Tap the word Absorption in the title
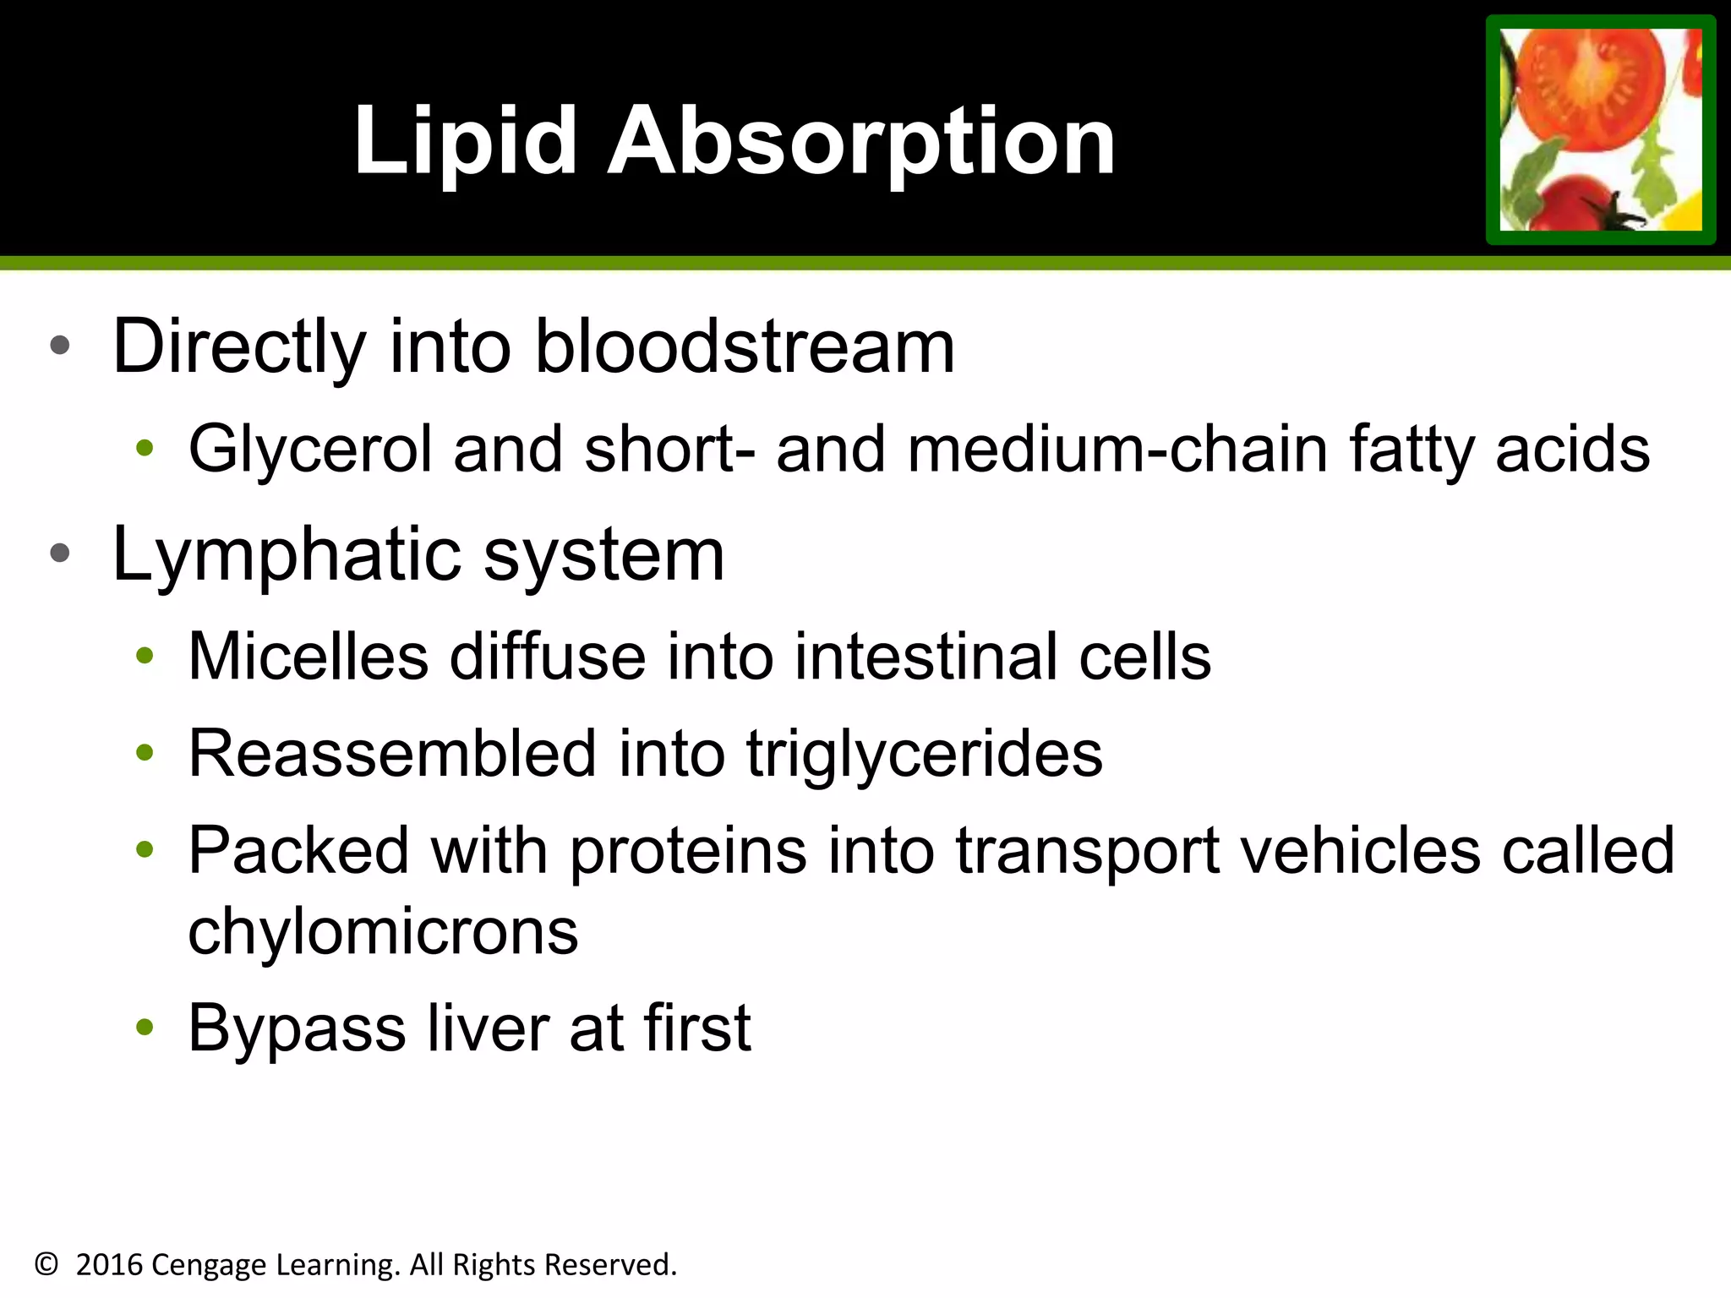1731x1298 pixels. [861, 141]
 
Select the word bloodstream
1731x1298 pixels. [745, 346]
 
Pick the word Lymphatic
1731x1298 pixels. [287, 555]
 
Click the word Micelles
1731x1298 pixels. [308, 657]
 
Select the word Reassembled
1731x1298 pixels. [392, 754]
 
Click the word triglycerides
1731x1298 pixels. [924, 754]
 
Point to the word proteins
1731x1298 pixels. [688, 851]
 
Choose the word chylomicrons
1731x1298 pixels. [383, 932]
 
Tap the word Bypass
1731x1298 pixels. [297, 1029]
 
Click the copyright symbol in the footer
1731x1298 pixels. [46, 1265]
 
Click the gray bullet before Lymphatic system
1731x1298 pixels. [60, 554]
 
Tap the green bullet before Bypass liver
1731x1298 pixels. [145, 1028]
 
